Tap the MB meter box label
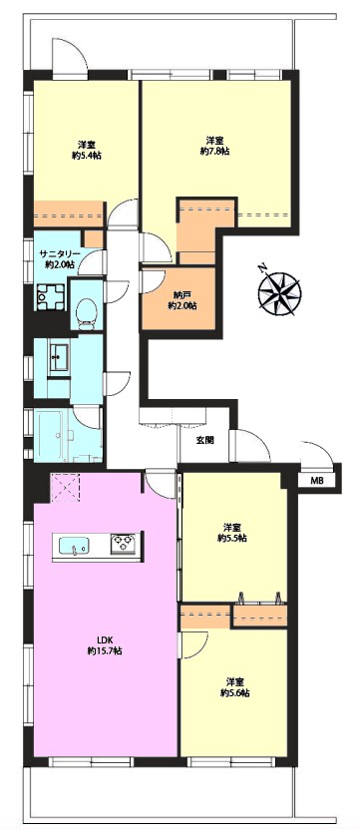pyautogui.click(x=317, y=481)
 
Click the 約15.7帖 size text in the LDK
pyautogui.click(x=104, y=650)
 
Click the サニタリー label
pyautogui.click(x=60, y=253)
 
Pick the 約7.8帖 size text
pyautogui.click(x=214, y=152)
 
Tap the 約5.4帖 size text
pyautogui.click(x=88, y=156)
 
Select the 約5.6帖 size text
pyautogui.click(x=235, y=693)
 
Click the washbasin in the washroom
pyautogui.click(x=58, y=353)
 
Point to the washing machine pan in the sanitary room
pyautogui.click(x=50, y=296)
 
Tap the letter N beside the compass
pyautogui.click(x=261, y=268)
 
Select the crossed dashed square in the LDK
pyautogui.click(x=64, y=488)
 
